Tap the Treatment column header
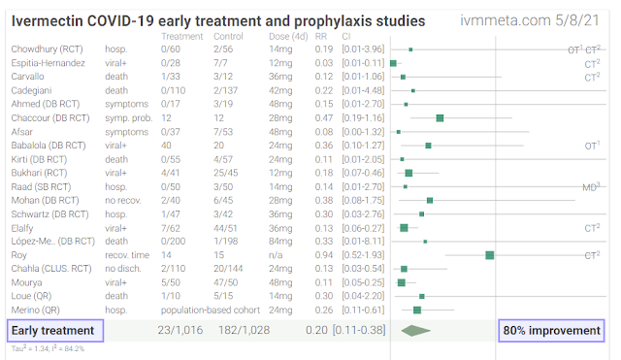coord(181,37)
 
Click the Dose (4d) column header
coord(288,37)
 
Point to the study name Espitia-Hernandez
coord(48,63)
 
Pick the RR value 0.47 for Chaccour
coord(323,118)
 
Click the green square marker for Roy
coord(489,255)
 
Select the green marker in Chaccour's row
coord(440,118)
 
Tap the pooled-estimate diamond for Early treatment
coord(416,331)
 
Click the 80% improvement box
coord(551,331)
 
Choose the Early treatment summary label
coord(55,331)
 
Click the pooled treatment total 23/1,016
coord(180,330)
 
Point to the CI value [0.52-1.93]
coord(363,255)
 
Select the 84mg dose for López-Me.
coord(280,242)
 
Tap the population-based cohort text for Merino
coord(211,311)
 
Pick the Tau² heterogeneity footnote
coord(48,348)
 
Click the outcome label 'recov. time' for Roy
coord(127,255)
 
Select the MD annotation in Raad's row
coord(591,187)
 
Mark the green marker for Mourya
coord(401,282)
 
